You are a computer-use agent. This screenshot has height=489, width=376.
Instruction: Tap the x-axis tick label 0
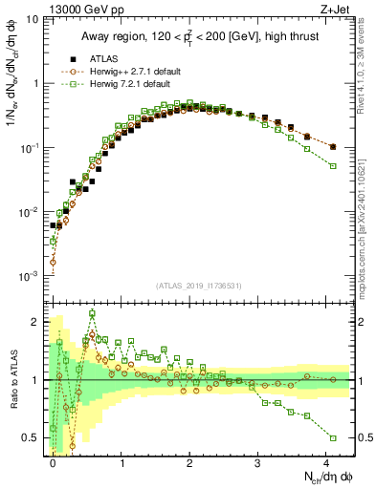pos(54,461)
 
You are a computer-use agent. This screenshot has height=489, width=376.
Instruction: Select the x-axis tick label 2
pos(189,461)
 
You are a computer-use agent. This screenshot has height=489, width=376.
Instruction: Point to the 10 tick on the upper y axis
pos(31,18)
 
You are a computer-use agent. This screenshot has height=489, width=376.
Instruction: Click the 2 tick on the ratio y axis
pos(36,321)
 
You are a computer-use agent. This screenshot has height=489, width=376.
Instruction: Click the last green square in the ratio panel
pos(333,437)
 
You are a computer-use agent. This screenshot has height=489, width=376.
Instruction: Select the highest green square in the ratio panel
pos(93,313)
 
